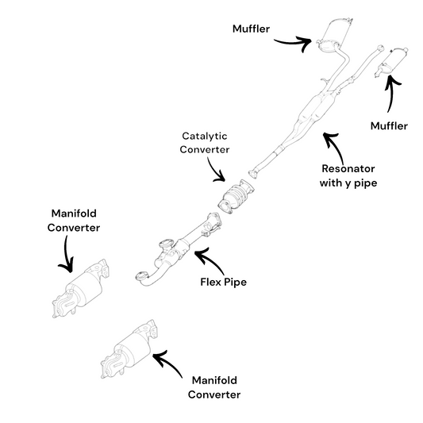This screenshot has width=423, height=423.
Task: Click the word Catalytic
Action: tap(205, 136)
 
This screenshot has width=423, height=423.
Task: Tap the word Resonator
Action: tap(348, 168)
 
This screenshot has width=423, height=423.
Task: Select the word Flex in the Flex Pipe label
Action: tap(211, 282)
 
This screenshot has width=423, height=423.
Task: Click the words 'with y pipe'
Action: tap(348, 183)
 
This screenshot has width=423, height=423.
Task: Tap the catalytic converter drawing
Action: tap(236, 196)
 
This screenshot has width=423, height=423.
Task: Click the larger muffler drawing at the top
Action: tap(335, 35)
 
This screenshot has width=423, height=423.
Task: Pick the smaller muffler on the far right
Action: tap(391, 62)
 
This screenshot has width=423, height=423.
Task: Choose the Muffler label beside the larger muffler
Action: tap(251, 29)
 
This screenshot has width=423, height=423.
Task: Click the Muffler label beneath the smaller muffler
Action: tap(389, 125)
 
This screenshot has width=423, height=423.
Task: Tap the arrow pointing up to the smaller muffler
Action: tap(391, 92)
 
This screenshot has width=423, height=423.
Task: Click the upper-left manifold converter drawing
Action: tap(80, 289)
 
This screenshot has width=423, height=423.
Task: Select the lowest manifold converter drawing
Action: tap(129, 349)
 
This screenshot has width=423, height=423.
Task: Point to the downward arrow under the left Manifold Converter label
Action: tap(66, 256)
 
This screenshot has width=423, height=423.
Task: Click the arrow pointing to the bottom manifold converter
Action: tap(167, 363)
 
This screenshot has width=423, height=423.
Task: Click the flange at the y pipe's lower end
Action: tap(253, 175)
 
